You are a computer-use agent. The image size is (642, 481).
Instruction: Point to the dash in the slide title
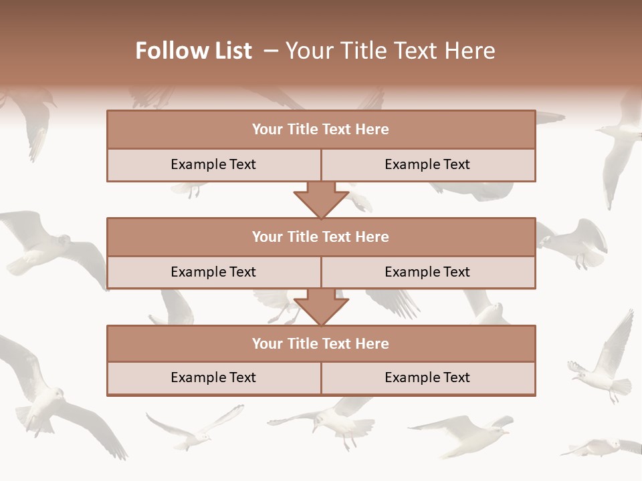coord(271,51)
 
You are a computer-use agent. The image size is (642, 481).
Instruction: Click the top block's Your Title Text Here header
coord(320,130)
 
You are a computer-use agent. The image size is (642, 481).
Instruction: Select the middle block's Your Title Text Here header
coord(320,236)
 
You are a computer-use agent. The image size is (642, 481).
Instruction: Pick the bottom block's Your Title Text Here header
coord(320,343)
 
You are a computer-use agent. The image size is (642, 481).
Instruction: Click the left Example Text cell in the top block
coord(213,164)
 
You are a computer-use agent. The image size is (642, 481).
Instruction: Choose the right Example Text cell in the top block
coord(427,164)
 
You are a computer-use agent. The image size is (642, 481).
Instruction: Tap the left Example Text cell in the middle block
coord(213,272)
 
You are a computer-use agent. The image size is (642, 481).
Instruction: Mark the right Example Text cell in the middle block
coord(427,272)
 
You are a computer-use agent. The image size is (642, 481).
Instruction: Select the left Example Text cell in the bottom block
coord(213,377)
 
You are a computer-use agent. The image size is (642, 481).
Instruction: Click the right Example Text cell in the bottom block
coord(427,377)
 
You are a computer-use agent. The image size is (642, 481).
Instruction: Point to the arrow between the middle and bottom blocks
coord(321,307)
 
